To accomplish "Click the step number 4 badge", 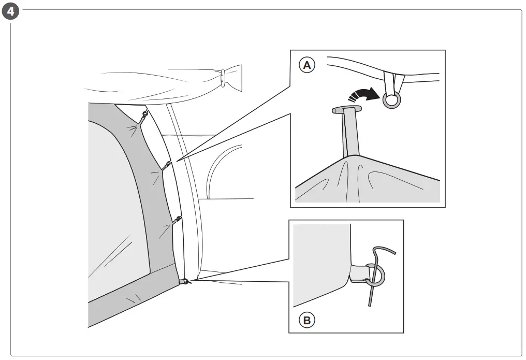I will [10, 11].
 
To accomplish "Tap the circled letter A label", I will [307, 65].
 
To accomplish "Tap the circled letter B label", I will [307, 320].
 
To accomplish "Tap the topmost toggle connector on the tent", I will [144, 114].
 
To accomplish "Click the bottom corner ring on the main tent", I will [184, 281].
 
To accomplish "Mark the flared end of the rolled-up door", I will [234, 78].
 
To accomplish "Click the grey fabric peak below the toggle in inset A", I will [357, 176].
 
